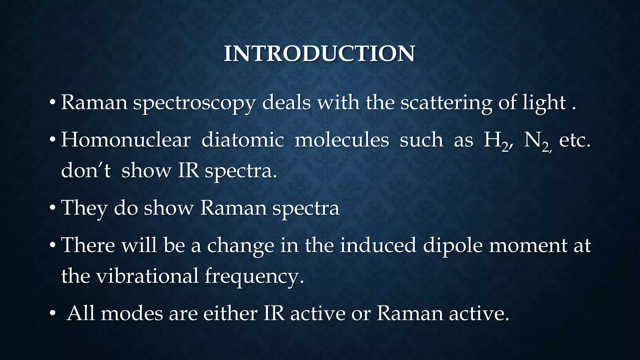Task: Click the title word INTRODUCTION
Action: [319, 54]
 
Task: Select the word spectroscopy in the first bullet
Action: [194, 103]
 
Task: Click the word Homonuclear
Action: [126, 140]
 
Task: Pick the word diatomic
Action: [242, 140]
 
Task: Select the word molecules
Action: [342, 140]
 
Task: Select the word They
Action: [84, 208]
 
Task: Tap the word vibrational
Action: [147, 276]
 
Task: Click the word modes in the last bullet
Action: [132, 313]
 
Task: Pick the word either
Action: [230, 313]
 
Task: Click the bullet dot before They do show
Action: [53, 207]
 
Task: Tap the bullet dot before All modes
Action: [53, 313]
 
